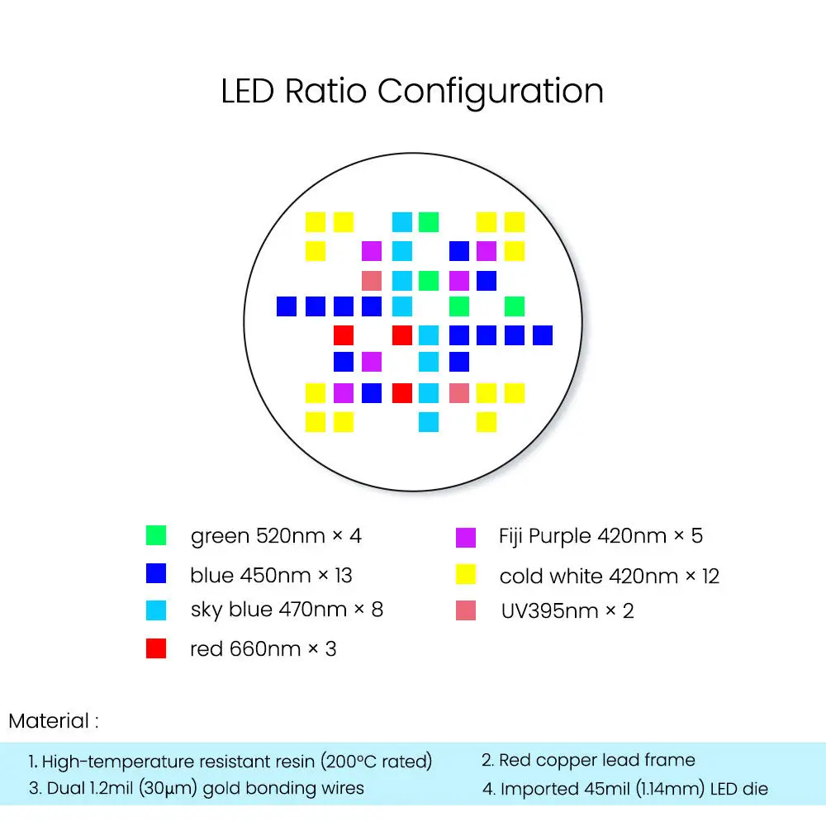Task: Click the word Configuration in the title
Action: pos(491,91)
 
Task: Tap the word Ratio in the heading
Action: pos(325,90)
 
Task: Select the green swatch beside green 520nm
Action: pos(156,535)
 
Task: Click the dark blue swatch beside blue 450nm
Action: pos(156,573)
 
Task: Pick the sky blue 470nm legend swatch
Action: pos(156,610)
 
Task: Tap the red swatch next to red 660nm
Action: pos(156,648)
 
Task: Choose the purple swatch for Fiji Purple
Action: pos(466,537)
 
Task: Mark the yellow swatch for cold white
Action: pos(466,574)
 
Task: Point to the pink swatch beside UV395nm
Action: pos(466,611)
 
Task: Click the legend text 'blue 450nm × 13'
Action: pos(271,575)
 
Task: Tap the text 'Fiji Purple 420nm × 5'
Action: pos(601,536)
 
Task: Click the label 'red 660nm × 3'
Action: pos(263,649)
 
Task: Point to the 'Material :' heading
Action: pos(54,721)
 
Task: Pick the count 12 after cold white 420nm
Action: pos(710,576)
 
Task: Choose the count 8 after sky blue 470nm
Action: pos(377,610)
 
